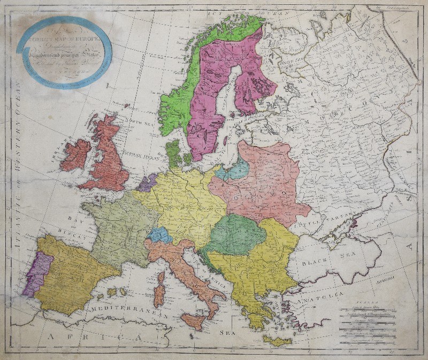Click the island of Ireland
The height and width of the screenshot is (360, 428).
(75, 155)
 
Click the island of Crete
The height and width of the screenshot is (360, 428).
(278, 341)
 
